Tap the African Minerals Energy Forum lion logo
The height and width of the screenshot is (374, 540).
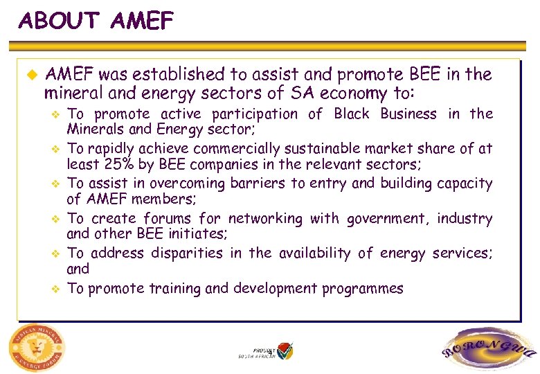click(35, 347)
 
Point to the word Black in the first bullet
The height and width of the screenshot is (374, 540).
click(351, 114)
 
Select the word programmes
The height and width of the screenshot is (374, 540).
click(362, 289)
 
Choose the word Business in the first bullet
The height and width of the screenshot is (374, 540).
click(408, 114)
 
